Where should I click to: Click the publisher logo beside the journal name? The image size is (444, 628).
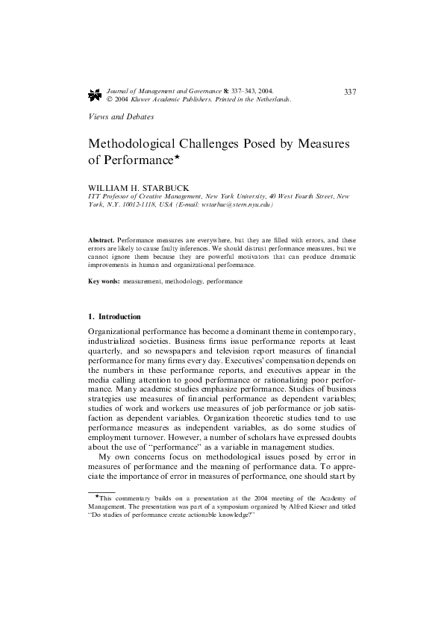[x=95, y=95]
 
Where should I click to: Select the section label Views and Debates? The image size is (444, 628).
[x=121, y=117]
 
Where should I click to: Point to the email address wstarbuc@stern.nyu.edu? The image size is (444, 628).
[x=234, y=204]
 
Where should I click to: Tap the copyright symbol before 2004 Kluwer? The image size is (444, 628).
[x=110, y=99]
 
